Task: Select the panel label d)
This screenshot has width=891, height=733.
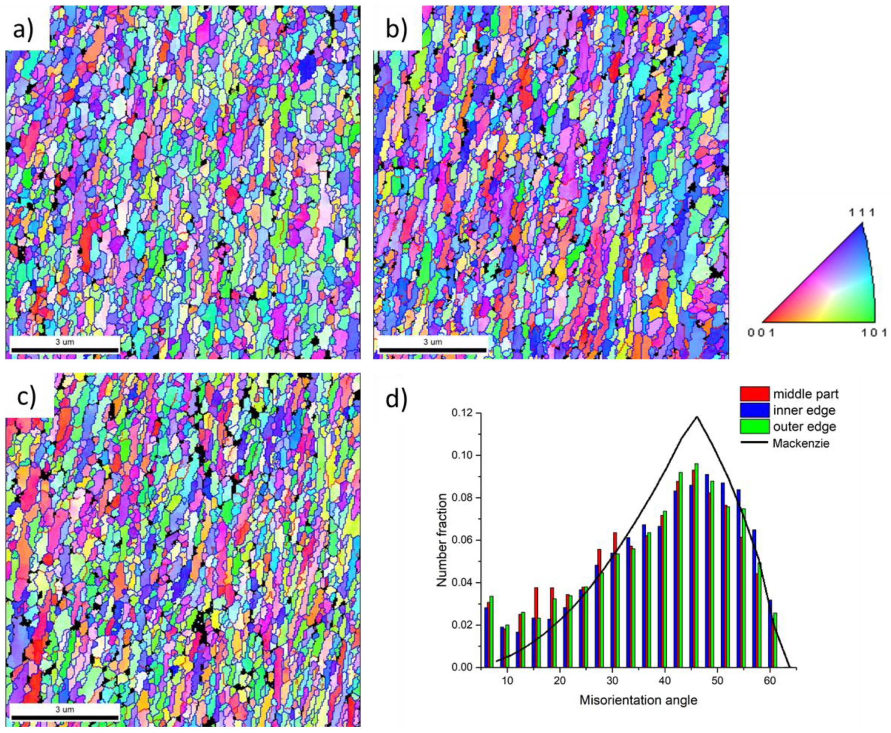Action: (x=397, y=398)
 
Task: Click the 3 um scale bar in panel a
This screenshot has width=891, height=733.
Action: (x=65, y=349)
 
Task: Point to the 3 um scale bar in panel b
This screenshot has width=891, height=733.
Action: (x=433, y=349)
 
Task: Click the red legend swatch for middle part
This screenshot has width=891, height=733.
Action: (x=754, y=394)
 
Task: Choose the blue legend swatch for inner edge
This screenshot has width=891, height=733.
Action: (x=754, y=410)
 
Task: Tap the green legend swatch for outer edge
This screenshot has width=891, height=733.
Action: (x=754, y=427)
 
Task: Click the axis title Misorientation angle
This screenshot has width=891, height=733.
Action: (x=638, y=700)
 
